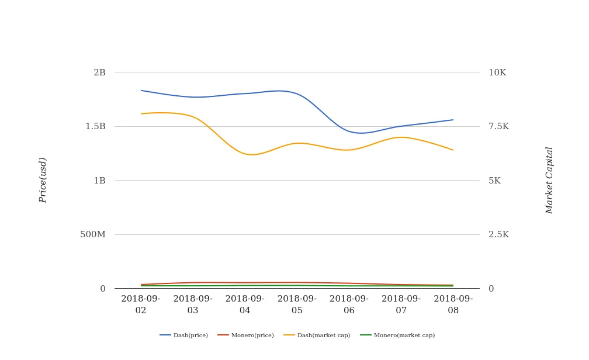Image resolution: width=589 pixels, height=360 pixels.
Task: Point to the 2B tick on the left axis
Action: pos(99,72)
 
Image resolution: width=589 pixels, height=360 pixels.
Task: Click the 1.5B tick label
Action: pos(95,126)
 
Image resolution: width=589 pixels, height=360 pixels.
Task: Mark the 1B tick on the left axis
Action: pos(99,181)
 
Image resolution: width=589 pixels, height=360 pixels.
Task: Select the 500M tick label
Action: pos(93,234)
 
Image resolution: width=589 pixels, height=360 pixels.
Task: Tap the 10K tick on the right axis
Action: pos(497,72)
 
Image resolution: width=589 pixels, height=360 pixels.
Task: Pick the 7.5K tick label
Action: pos(498,126)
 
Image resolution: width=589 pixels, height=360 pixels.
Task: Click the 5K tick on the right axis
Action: pos(494,181)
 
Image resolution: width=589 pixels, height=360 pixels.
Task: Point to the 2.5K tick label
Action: pos(498,234)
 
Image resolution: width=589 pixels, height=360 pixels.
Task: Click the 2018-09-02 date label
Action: pos(141,304)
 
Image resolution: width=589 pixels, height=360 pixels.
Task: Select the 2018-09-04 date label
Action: pos(245,304)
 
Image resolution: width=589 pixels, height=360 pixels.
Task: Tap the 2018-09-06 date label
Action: pos(349,304)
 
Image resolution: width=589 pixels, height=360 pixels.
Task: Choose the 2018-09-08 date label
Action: pos(453,304)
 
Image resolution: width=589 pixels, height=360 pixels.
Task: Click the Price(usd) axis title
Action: pos(43,180)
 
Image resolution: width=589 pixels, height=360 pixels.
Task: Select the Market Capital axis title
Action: pos(549,180)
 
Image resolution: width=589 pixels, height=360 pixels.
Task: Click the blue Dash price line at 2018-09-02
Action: pos(141,91)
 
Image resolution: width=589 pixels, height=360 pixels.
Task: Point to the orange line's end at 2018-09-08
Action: pos(453,150)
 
